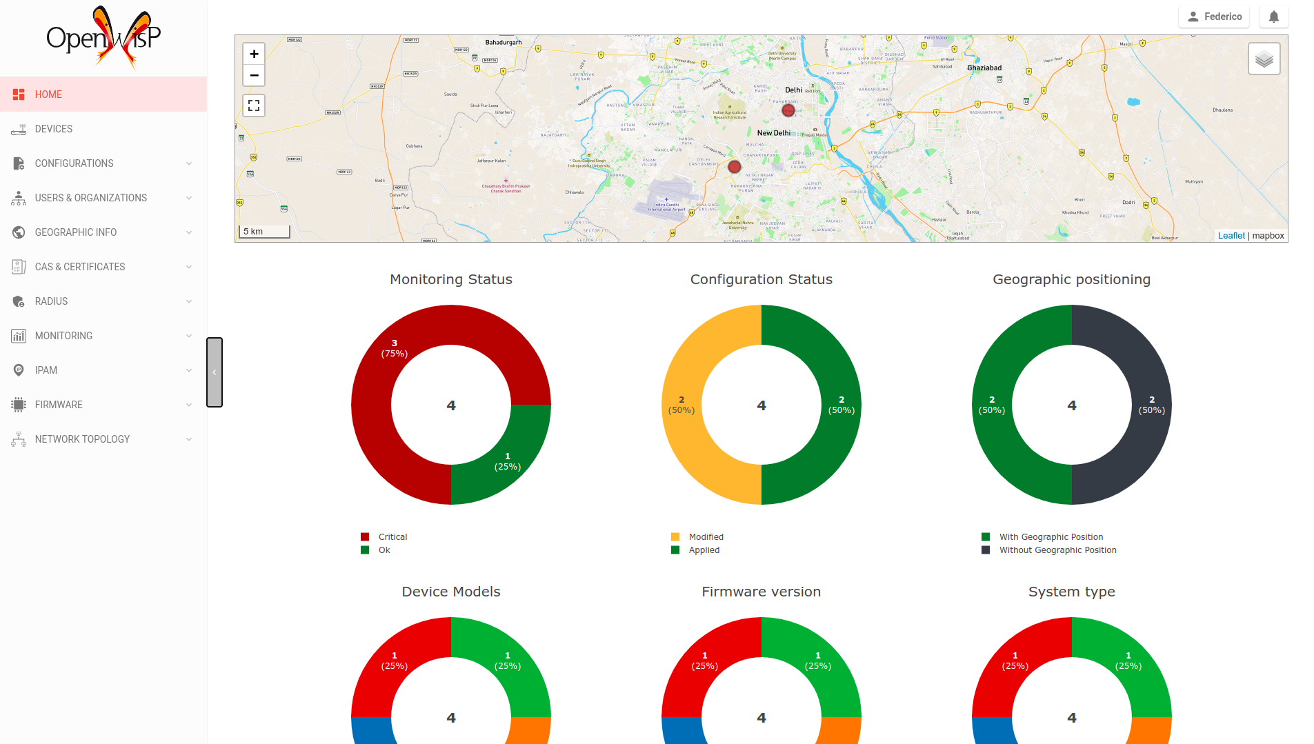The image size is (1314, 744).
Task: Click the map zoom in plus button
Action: [254, 54]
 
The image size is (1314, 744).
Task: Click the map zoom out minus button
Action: [254, 75]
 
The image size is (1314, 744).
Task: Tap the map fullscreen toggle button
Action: [254, 105]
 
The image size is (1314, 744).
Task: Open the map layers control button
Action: [1264, 59]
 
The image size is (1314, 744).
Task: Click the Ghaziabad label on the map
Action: [984, 68]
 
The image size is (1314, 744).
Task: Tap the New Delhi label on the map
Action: [773, 133]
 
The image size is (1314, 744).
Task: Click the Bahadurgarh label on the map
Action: [504, 43]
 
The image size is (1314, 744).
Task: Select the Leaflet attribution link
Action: [1231, 236]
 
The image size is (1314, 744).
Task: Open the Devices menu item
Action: [54, 129]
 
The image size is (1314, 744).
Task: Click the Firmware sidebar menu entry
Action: [59, 405]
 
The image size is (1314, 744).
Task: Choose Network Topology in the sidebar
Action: [82, 439]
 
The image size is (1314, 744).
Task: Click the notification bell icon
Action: [1273, 17]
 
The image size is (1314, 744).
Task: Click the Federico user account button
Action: [1214, 17]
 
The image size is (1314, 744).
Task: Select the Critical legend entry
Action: [392, 537]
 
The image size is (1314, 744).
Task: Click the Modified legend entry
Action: [706, 537]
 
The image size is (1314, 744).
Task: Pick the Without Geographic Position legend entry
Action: [1057, 550]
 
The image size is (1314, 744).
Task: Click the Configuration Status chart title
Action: [761, 279]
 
